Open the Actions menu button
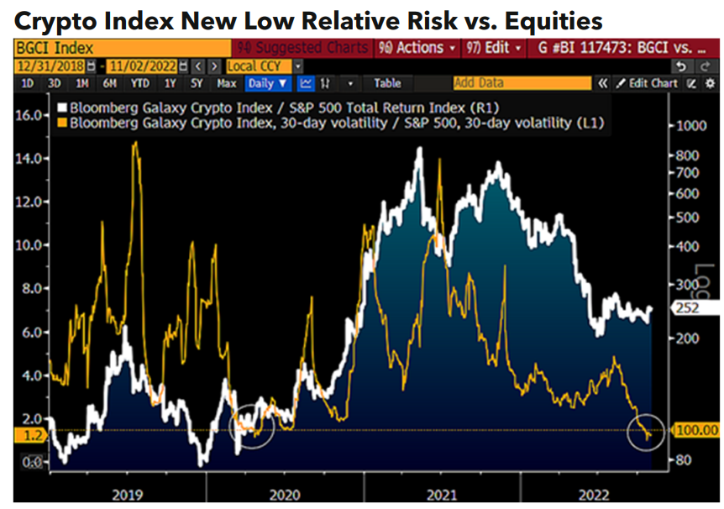coord(417,48)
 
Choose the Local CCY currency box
coord(259,66)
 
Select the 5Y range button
coord(196,83)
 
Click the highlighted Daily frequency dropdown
coord(268,83)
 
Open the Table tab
coord(387,83)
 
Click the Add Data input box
coord(521,83)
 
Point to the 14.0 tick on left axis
coord(30,158)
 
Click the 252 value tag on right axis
coord(689,308)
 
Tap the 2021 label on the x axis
coord(441,495)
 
